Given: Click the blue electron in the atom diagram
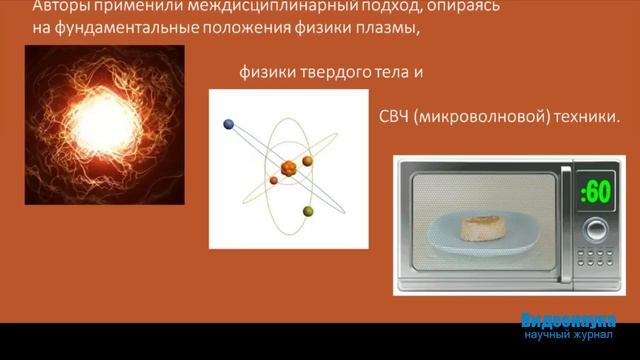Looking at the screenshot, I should click(x=229, y=125).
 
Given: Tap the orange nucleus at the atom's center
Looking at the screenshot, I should click(x=290, y=165).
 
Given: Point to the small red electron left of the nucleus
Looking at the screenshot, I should click(x=274, y=181).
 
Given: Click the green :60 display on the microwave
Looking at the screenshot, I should click(x=595, y=191).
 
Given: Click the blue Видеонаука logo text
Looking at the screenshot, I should click(x=568, y=321).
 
